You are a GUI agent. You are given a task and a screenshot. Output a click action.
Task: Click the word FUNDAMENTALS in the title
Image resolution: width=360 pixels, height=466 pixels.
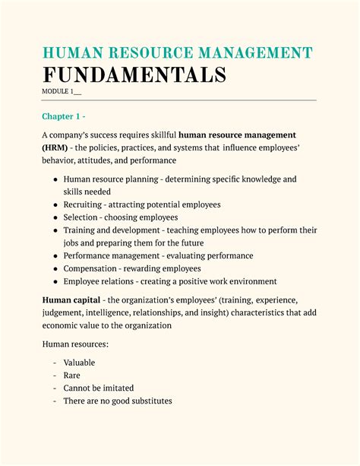[134, 75]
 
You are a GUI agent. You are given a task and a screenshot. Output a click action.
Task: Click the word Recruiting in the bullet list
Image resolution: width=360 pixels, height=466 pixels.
[84, 205]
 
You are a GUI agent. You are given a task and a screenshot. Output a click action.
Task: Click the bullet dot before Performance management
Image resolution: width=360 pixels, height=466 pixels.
[55, 256]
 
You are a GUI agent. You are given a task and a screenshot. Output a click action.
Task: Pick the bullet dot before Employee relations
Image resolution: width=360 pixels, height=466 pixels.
[55, 281]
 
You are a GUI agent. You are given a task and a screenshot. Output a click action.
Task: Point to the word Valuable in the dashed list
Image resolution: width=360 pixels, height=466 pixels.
[79, 363]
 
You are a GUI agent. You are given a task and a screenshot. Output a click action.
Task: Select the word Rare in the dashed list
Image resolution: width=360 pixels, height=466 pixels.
[71, 376]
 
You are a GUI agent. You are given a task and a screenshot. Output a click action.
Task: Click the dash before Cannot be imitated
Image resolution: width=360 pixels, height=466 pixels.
[55, 388]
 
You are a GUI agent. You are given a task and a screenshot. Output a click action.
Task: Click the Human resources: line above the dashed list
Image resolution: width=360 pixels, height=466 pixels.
[75, 344]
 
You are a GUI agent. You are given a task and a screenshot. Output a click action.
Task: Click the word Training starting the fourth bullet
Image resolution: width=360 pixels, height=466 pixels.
[81, 230]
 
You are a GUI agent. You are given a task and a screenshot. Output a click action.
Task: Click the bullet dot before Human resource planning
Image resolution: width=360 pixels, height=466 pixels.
[55, 179]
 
